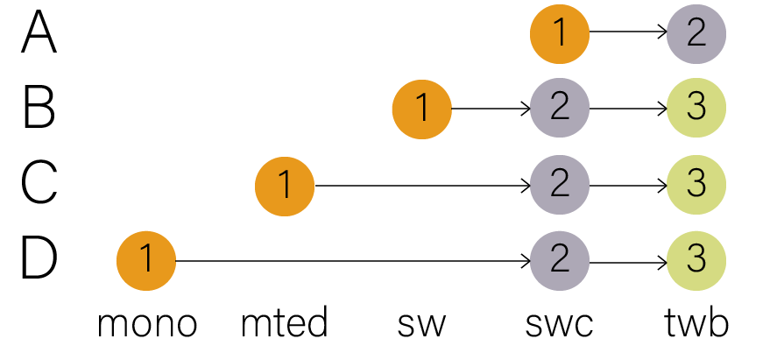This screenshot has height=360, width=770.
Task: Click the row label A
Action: pyautogui.click(x=39, y=34)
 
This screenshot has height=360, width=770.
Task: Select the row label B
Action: pyautogui.click(x=39, y=109)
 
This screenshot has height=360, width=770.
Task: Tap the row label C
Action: pyautogui.click(x=39, y=184)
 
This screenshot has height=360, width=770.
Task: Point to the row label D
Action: pyautogui.click(x=39, y=259)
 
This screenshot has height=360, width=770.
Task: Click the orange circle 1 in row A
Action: pyautogui.click(x=560, y=34)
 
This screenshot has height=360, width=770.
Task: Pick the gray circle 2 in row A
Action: pyautogui.click(x=696, y=34)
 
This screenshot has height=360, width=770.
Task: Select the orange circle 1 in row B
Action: pyautogui.click(x=422, y=109)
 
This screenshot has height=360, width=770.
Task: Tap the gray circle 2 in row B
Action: pyautogui.click(x=560, y=109)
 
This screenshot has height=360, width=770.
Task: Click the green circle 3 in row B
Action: pyautogui.click(x=696, y=109)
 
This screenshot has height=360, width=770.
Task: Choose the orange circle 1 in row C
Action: pyautogui.click(x=285, y=185)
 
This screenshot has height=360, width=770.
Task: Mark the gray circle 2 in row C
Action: pyautogui.click(x=560, y=185)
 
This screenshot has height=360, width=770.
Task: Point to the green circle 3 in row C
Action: pyautogui.click(x=696, y=185)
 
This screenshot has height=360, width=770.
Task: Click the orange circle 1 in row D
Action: pyautogui.click(x=146, y=260)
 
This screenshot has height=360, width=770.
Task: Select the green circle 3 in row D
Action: pyautogui.click(x=696, y=260)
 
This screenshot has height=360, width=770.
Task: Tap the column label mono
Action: pyautogui.click(x=147, y=324)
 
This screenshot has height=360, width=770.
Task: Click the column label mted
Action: pyautogui.click(x=285, y=324)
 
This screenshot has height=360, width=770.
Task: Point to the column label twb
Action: pyautogui.click(x=696, y=324)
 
